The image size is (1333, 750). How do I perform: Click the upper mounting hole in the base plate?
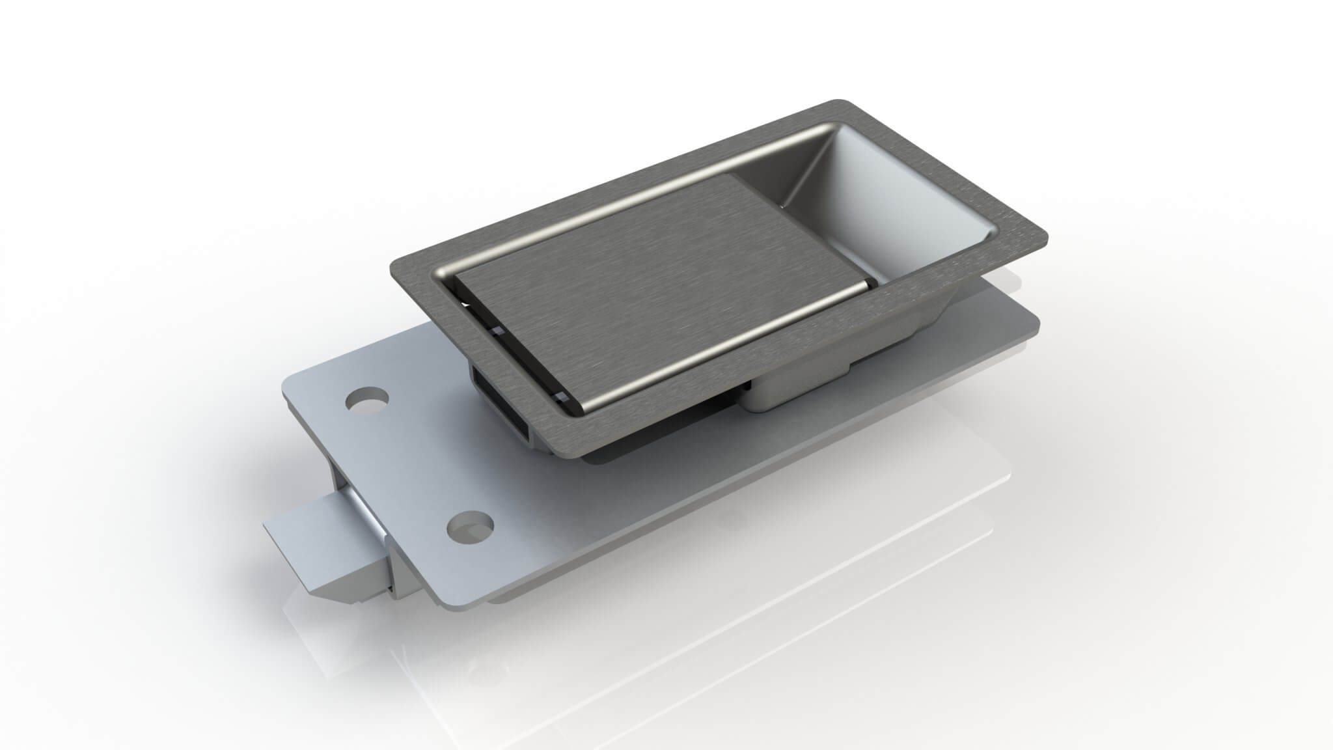[x=368, y=399]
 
